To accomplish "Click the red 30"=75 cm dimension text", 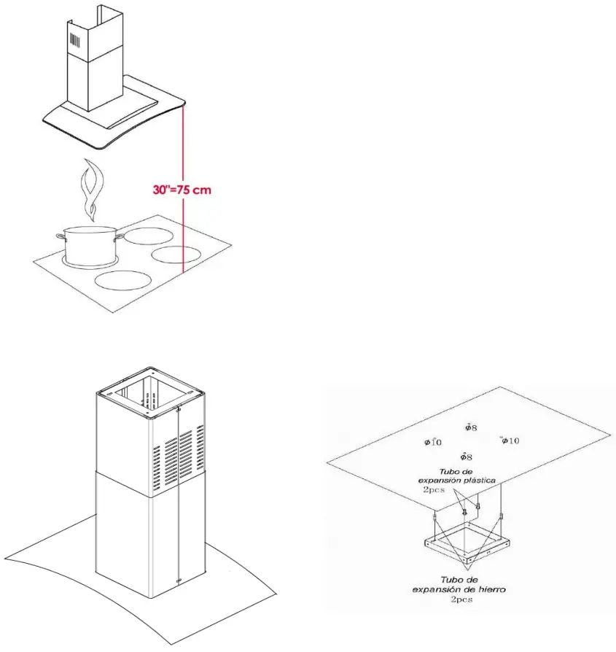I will click(x=182, y=190).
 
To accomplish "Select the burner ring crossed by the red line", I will click(x=176, y=255).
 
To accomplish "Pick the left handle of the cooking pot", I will click(x=59, y=236).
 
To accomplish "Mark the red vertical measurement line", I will click(x=184, y=219).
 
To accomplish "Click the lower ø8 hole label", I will click(x=466, y=457).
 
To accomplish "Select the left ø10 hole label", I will click(x=432, y=442).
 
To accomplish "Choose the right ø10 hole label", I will click(x=510, y=441).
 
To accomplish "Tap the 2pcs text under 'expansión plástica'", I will click(x=435, y=491).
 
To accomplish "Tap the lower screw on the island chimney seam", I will click(x=179, y=581).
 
